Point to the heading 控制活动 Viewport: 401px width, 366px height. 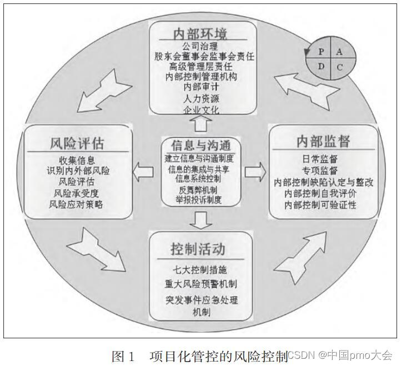[x=198, y=247]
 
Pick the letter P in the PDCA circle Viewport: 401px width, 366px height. [x=321, y=51]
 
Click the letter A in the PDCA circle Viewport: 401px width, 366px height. [x=341, y=51]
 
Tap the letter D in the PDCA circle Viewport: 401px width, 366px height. [x=321, y=67]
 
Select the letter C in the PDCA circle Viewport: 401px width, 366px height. [x=340, y=67]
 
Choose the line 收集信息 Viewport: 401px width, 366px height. [x=76, y=161]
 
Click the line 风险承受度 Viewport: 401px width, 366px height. [x=76, y=193]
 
